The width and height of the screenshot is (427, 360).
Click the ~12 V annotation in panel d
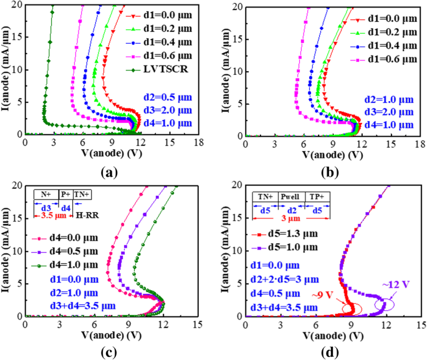(401, 285)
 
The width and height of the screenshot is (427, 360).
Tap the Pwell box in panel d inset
(290, 196)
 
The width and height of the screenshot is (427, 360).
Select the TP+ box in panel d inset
(319, 196)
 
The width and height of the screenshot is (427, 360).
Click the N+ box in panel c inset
(46, 194)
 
